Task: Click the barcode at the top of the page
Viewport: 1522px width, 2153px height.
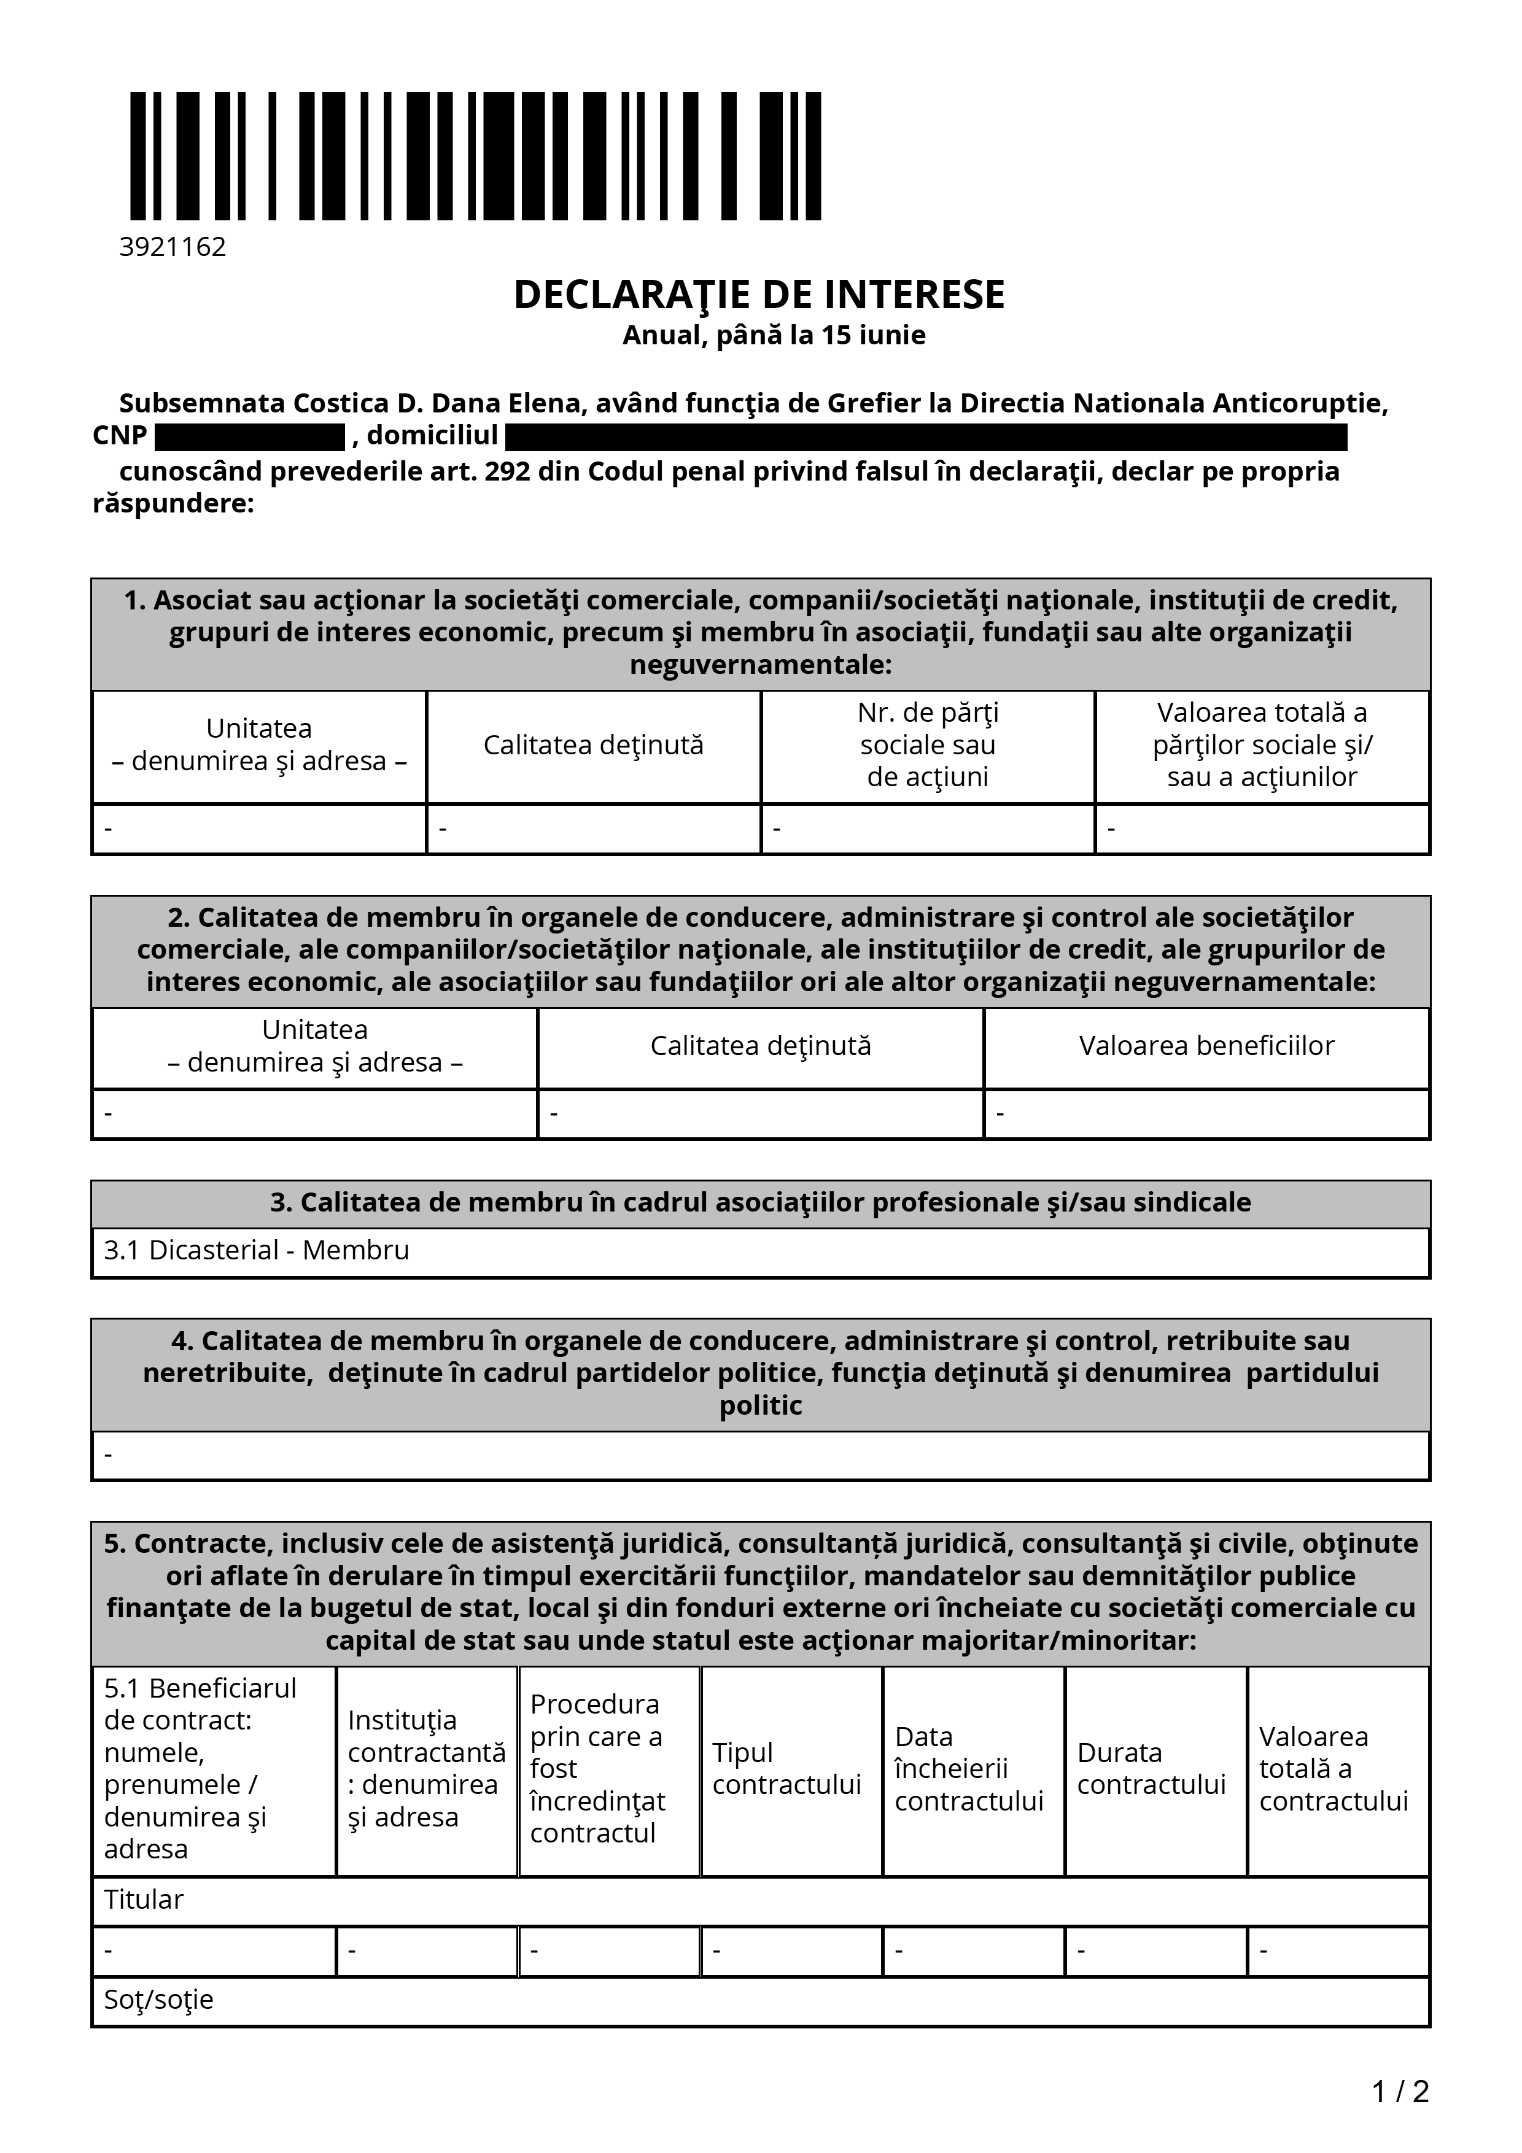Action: pos(475,156)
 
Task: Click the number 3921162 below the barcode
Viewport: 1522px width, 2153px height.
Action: pos(173,247)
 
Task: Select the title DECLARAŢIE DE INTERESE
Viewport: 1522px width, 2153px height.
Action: pos(759,295)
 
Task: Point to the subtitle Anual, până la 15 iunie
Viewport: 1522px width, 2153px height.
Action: pos(774,334)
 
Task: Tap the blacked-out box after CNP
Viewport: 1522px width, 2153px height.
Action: pos(249,437)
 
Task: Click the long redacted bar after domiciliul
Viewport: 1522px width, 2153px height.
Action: pos(926,437)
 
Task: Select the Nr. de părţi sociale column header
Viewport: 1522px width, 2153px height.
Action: pos(928,744)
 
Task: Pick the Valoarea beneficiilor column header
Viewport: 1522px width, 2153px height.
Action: pos(1206,1046)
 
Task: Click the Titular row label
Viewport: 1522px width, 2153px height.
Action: pos(144,1899)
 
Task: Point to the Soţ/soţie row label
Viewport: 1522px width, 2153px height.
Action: pos(158,1999)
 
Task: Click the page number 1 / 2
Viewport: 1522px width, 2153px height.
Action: pos(1400,2091)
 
